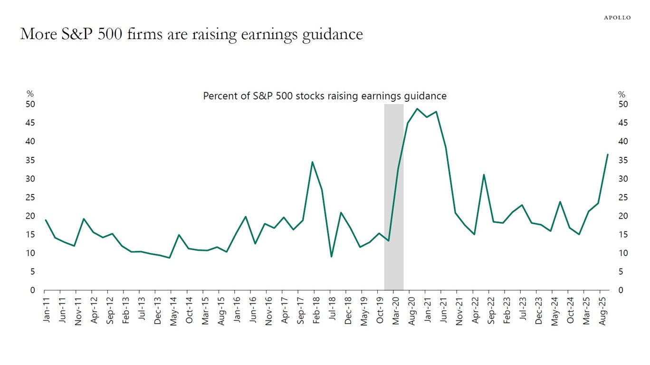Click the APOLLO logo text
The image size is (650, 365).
pos(617,18)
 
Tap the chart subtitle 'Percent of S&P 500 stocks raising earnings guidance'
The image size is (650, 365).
pos(325,96)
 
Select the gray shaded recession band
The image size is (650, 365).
pos(393,197)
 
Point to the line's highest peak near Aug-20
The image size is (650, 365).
pos(417,109)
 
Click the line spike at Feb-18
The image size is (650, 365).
pos(312,162)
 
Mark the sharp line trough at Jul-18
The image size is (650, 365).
pos(331,257)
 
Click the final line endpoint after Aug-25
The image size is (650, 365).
pos(607,154)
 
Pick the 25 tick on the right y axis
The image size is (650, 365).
pos(623,197)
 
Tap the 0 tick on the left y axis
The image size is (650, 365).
pos(33,290)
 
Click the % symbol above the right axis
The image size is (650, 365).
pos(621,95)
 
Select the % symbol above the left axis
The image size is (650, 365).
pos(30,95)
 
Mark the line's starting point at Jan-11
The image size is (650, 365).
pos(46,220)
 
